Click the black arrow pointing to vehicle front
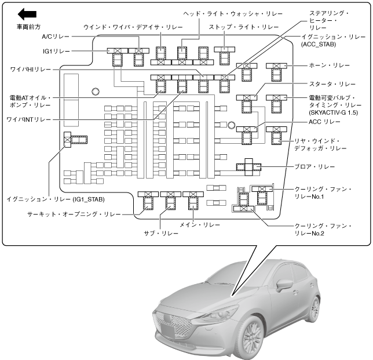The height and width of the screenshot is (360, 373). tap(27, 13)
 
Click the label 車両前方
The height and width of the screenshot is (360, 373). tap(29, 27)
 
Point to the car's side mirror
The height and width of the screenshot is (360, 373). tap(284, 285)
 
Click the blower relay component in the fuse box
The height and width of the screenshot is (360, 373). tap(248, 167)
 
